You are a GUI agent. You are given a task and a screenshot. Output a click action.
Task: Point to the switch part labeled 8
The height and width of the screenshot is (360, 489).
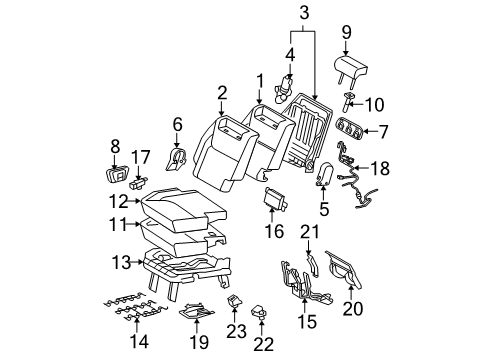116,174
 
